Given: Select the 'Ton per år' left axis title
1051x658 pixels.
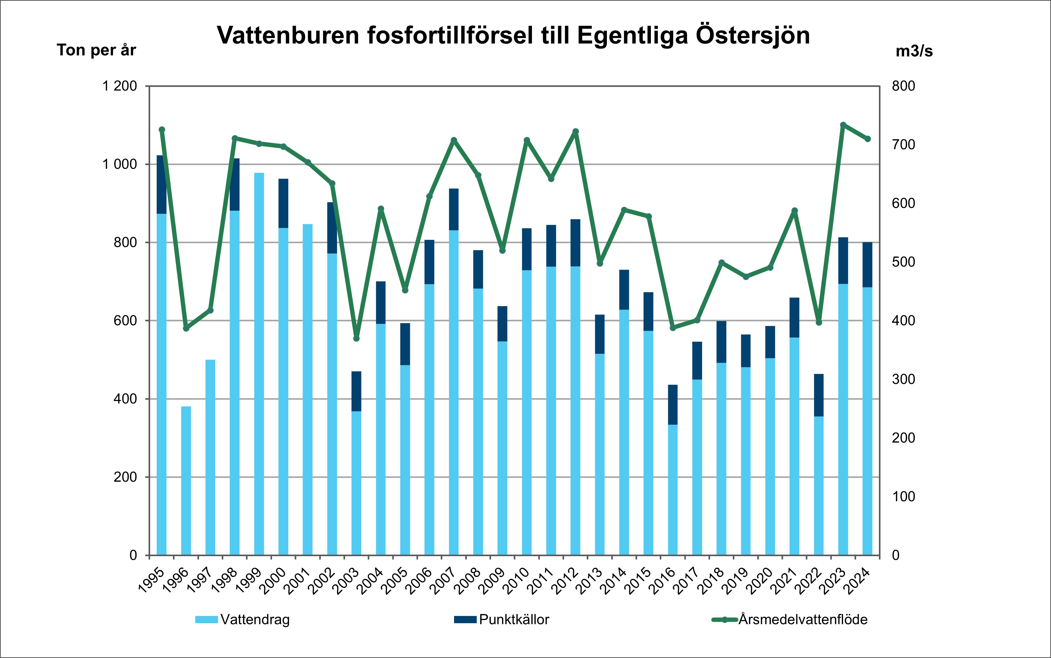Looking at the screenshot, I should (96, 51).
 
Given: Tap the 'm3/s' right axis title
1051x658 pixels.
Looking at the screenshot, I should (914, 51).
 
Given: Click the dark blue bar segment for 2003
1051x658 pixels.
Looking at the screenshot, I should (356, 391).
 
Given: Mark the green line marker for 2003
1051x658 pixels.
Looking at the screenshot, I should (356, 338).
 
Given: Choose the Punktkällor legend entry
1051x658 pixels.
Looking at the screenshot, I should (502, 619).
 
